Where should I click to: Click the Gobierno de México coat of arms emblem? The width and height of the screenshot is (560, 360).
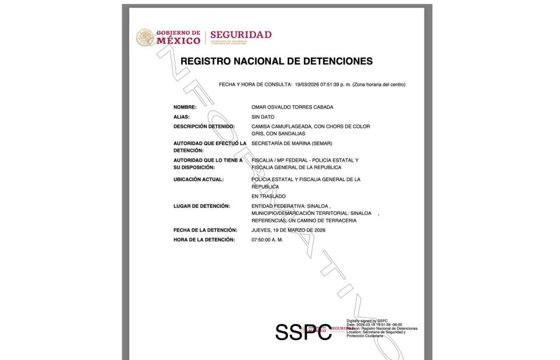[145, 38]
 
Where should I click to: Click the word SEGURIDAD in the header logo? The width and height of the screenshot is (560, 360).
[241, 35]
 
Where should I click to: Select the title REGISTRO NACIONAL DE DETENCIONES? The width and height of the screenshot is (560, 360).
[276, 61]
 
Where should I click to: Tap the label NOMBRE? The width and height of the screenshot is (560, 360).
[185, 107]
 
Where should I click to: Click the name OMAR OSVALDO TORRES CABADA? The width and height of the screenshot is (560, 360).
[292, 107]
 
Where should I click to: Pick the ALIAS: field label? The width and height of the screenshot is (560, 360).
[181, 117]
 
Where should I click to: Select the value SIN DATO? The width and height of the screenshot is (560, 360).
[263, 117]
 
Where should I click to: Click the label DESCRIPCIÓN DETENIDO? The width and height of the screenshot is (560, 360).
[204, 126]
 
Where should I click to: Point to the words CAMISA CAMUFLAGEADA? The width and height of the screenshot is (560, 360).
[281, 126]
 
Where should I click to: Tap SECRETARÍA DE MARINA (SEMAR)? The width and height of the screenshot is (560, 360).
[291, 143]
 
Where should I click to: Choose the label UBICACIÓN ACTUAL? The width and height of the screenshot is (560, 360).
[198, 179]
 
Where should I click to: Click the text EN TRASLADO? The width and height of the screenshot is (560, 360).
[268, 196]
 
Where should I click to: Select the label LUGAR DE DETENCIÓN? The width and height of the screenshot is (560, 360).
[201, 206]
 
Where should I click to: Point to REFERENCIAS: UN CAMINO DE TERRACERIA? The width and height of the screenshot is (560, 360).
[304, 221]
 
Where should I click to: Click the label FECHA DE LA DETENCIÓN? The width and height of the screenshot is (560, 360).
[205, 230]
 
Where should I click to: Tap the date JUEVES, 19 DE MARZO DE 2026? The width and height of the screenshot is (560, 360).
[288, 230]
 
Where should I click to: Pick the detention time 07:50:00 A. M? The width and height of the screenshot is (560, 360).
[267, 239]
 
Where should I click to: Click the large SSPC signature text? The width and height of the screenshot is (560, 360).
[303, 332]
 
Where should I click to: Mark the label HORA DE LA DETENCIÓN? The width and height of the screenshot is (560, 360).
[204, 239]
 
